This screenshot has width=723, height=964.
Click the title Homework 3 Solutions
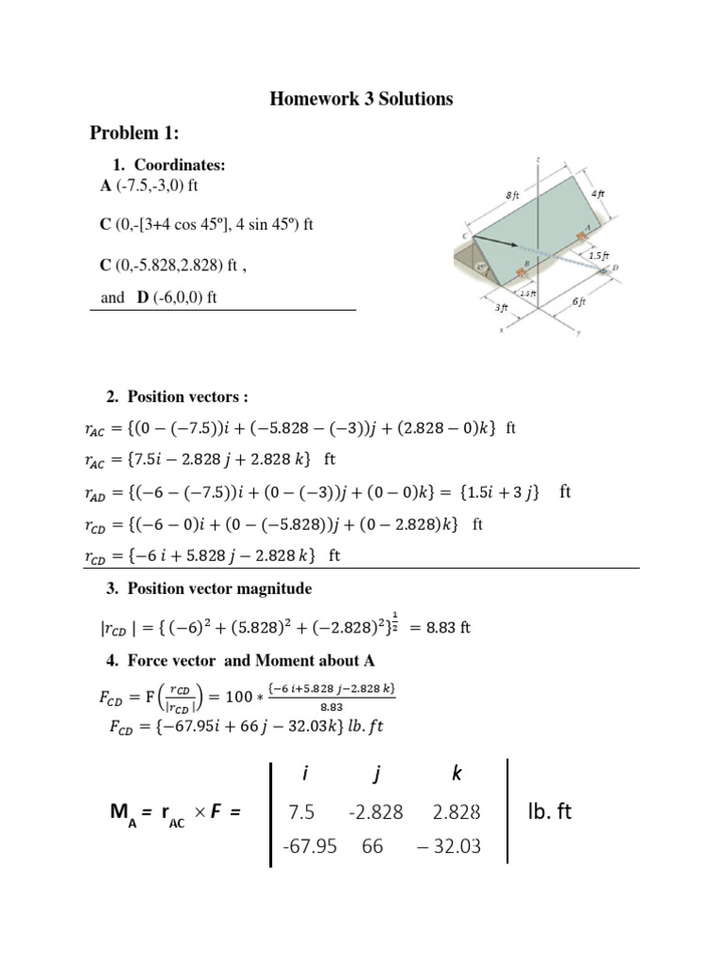[362, 99]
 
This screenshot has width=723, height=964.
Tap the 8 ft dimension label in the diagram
[512, 195]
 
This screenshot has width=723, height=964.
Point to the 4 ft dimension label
[597, 194]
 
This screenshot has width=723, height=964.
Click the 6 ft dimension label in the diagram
[580, 301]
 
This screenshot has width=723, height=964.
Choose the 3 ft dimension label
[502, 307]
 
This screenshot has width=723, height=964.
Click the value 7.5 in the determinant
[301, 811]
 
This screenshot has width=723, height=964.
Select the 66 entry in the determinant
[372, 846]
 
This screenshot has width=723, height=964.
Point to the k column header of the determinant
[457, 774]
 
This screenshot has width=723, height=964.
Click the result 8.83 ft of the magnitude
[447, 628]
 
